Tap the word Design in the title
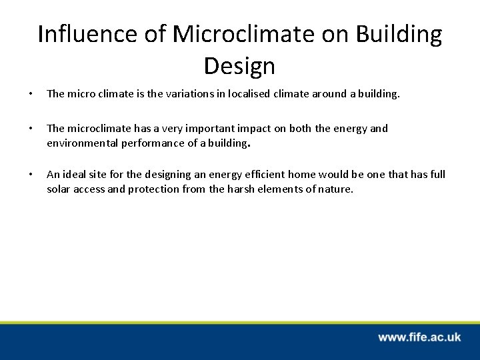coord(239,65)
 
